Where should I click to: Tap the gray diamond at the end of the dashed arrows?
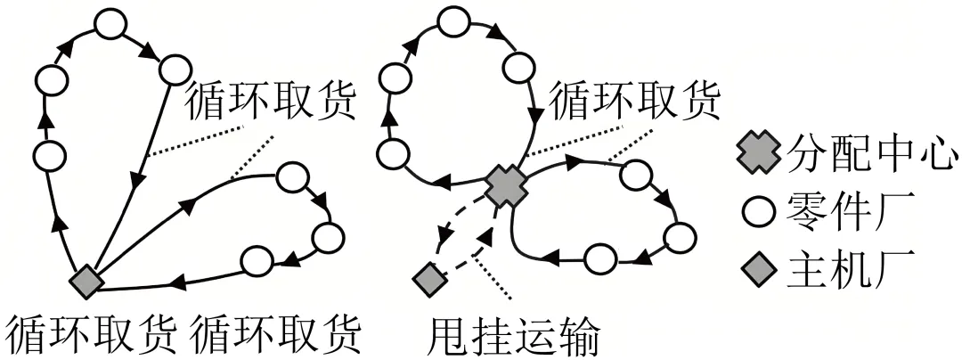click(429, 280)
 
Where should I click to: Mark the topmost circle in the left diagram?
click(111, 25)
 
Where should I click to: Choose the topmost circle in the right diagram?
click(456, 21)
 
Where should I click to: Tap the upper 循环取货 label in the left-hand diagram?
click(270, 102)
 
